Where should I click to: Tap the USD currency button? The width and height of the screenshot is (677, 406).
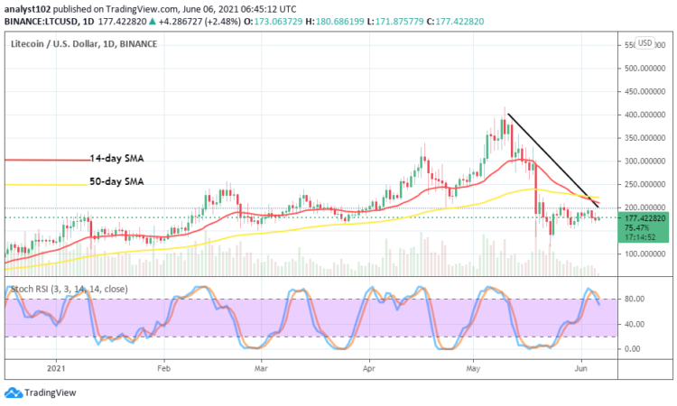[x=645, y=43]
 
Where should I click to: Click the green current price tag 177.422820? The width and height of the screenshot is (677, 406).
[x=644, y=217]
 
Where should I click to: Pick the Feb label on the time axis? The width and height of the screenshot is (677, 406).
[x=163, y=368]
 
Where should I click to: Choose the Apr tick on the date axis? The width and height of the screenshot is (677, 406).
[x=369, y=368]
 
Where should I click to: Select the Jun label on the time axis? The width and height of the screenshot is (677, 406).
[x=581, y=368]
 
